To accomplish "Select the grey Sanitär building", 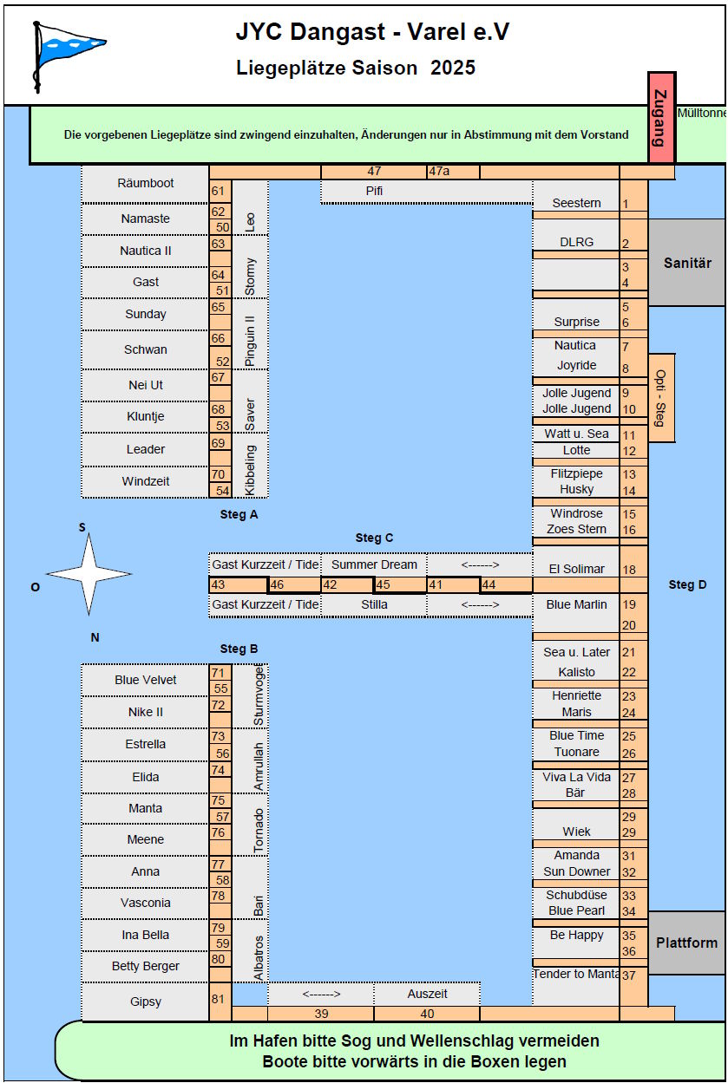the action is click(x=687, y=263).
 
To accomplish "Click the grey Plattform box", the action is click(x=686, y=943).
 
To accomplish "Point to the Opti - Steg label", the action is click(x=661, y=398).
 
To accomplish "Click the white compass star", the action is click(x=89, y=574).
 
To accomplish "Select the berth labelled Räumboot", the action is click(x=145, y=183).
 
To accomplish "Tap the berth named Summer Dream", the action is click(x=374, y=564).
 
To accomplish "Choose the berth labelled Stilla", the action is click(x=374, y=604).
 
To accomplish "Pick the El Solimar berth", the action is click(x=576, y=569).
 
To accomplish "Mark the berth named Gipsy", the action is click(x=145, y=1001).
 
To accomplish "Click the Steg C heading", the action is click(x=374, y=538).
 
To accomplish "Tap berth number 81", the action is click(x=218, y=998).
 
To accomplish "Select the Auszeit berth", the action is click(x=427, y=994).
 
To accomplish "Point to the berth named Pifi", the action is click(x=374, y=191).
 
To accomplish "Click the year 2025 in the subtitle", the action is click(x=453, y=68).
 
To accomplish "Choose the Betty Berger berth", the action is click(x=145, y=966).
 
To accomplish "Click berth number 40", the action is click(x=427, y=1014).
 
